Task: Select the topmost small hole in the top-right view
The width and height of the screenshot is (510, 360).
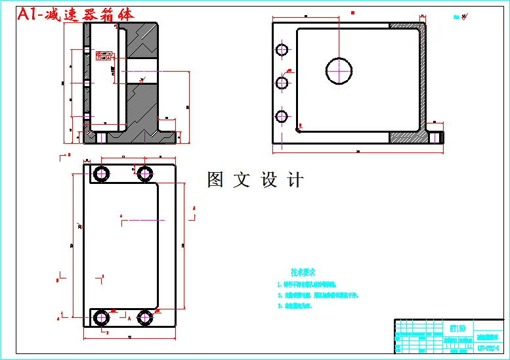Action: point(282,50)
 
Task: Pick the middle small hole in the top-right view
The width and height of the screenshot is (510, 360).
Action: point(282,83)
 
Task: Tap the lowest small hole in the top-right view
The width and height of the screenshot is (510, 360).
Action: point(282,116)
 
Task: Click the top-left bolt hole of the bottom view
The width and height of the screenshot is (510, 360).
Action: point(102,173)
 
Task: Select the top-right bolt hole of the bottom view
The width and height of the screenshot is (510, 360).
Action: point(145,173)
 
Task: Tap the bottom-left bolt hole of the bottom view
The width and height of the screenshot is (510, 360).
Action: point(102,318)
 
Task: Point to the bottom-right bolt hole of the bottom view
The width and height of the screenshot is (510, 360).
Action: point(145,318)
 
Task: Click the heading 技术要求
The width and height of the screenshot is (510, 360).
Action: point(303,271)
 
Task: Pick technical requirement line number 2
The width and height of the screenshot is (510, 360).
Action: point(318,296)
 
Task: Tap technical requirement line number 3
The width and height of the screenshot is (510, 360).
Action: point(299,306)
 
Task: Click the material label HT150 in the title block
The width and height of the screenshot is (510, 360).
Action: point(457,328)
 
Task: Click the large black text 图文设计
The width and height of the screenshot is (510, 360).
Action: point(255,180)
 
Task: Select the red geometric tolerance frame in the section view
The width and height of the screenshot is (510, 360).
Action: point(104,55)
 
